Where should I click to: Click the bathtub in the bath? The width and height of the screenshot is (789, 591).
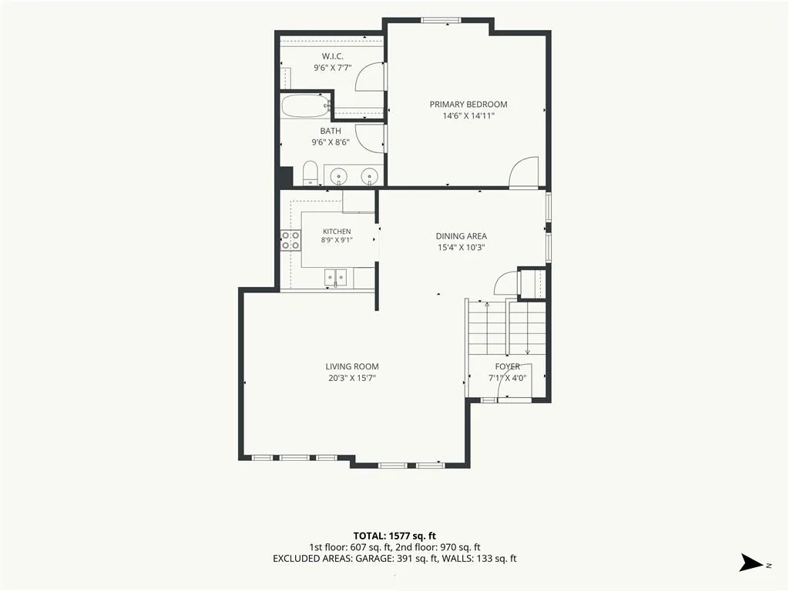(305, 106)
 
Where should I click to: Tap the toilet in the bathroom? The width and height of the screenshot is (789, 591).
(311, 173)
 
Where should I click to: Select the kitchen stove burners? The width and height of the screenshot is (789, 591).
(290, 240)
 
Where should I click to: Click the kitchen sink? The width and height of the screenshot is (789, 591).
(336, 278)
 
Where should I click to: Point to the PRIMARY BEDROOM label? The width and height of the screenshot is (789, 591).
(468, 105)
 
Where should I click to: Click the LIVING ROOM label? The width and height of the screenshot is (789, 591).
(351, 367)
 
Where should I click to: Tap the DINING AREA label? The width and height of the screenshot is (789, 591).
(462, 236)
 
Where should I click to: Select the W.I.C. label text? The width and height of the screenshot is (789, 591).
(333, 56)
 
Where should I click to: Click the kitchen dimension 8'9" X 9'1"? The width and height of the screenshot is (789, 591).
(337, 240)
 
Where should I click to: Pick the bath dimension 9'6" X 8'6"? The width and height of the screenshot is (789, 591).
(331, 142)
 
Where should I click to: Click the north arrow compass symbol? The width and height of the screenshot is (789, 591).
(752, 563)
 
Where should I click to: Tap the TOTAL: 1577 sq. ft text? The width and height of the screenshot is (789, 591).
(394, 536)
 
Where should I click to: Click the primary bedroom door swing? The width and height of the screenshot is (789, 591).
(524, 172)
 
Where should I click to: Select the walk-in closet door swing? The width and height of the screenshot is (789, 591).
(371, 76)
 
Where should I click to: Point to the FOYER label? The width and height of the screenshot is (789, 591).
(507, 367)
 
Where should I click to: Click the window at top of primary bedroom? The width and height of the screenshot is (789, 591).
(441, 21)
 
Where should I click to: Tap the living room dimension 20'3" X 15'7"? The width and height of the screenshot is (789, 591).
(352, 379)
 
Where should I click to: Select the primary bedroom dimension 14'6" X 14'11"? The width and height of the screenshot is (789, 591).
(468, 116)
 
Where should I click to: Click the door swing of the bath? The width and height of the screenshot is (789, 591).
(371, 139)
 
